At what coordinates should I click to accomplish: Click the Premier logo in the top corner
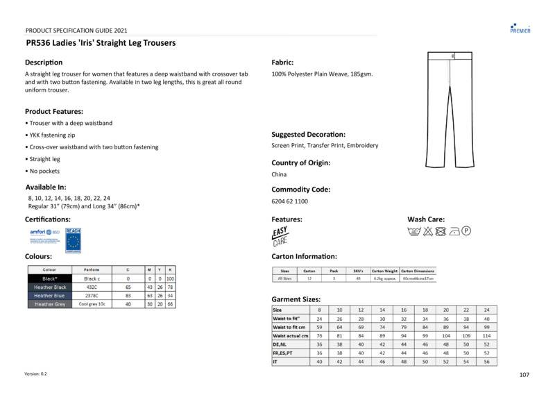pos(520,27)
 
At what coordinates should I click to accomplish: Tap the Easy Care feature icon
pos(280,236)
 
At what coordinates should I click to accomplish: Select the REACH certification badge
pos(73,239)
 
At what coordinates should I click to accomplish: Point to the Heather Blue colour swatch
pos(50,295)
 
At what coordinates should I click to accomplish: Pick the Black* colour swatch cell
pos(50,278)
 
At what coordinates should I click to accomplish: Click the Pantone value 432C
pos(92,287)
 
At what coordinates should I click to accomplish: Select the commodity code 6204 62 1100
pos(289,201)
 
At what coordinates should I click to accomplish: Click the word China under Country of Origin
pos(279,174)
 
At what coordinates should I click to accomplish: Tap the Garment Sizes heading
pos(296,299)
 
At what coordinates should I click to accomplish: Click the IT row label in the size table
pos(276,361)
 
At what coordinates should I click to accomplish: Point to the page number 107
pos(524,375)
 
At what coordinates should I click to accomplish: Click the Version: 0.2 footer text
pos(36,374)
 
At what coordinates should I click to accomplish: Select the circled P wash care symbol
pos(466,231)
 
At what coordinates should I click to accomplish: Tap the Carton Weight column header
pos(385,271)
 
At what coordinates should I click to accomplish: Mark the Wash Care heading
pos(426,219)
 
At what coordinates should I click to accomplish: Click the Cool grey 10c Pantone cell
pos(92,304)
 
